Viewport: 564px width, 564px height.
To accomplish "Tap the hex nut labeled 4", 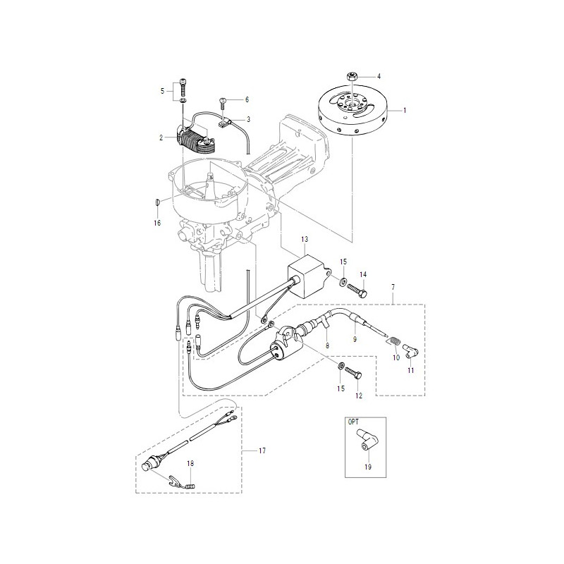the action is [x=351, y=76].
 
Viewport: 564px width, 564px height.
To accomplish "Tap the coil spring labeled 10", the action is [x=393, y=340].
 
